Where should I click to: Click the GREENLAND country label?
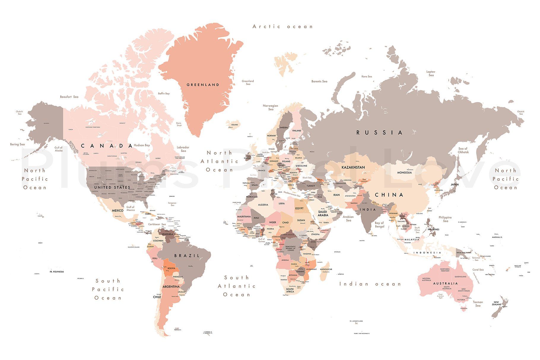(203, 85)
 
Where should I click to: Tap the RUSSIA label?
(379, 133)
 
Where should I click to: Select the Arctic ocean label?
(282, 27)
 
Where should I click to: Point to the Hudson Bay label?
(142, 145)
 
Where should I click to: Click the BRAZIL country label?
(187, 256)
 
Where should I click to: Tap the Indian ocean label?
(370, 284)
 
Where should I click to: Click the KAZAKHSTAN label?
(353, 167)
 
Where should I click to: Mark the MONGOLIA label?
(404, 173)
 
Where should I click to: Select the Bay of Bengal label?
(379, 224)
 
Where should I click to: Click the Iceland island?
(233, 124)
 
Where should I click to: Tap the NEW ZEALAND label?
(496, 303)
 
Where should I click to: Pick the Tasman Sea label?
(478, 304)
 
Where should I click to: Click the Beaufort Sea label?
(69, 97)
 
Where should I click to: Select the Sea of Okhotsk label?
(463, 150)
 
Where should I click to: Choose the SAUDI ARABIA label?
(323, 213)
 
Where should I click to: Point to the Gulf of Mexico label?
(131, 208)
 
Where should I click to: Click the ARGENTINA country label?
(171, 287)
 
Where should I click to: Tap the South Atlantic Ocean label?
(236, 286)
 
